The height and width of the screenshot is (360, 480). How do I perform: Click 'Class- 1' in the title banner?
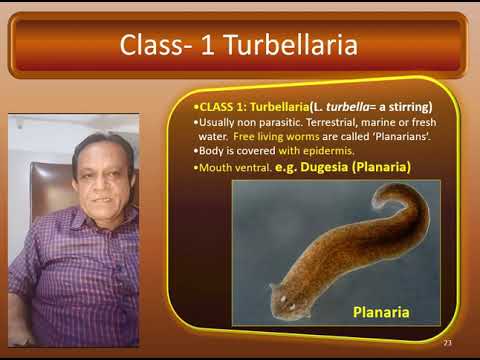click(x=160, y=45)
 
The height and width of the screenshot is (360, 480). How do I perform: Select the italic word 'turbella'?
click(x=345, y=107)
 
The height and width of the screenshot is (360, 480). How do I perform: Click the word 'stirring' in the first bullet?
click(x=406, y=107)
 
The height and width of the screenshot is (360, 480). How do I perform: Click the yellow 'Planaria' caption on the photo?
click(x=381, y=312)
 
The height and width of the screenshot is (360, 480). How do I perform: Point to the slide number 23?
click(x=447, y=343)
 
